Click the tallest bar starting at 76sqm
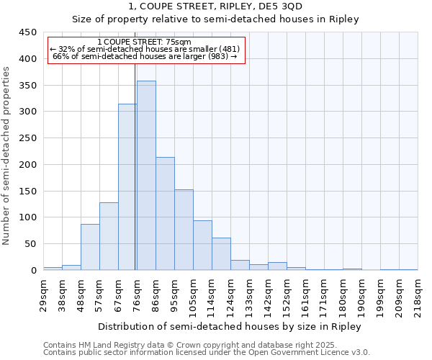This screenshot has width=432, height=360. tap(146, 176)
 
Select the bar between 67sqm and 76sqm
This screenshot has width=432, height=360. tap(127, 187)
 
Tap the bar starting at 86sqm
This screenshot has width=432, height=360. tap(165, 214)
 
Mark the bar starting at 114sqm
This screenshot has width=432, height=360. tap(221, 254)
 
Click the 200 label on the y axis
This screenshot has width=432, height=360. tap(28, 165)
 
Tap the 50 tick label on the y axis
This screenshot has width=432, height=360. tap(31, 244)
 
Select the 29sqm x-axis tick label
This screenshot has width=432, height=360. tap(43, 294)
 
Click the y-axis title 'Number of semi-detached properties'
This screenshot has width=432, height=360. tap(7, 156)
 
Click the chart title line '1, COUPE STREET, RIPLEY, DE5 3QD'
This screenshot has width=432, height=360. tap(215, 6)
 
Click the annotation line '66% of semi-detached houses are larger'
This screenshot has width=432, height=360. tap(145, 56)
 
